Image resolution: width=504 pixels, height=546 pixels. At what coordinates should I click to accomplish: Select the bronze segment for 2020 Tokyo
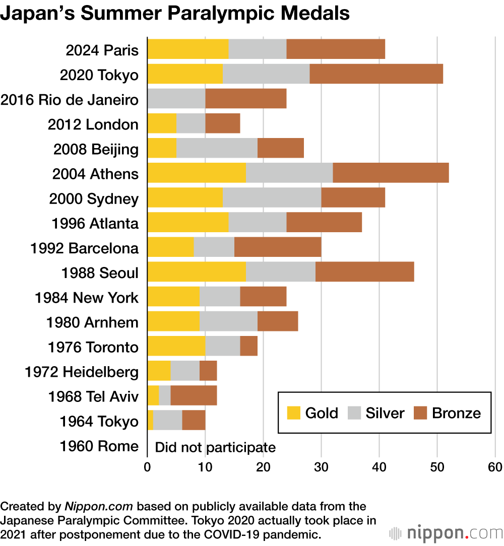click(376, 74)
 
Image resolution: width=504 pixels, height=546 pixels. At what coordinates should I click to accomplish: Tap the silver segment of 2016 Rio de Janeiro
click(176, 99)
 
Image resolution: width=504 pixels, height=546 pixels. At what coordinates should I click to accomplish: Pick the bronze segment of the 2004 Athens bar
click(391, 173)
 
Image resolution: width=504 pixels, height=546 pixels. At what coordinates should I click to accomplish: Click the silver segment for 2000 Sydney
click(272, 197)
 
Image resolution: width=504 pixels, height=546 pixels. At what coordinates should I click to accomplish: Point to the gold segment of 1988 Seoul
click(196, 272)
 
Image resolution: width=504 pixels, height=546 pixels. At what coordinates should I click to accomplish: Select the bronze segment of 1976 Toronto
click(248, 347)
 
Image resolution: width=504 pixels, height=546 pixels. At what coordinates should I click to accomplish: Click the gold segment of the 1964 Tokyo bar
click(150, 421)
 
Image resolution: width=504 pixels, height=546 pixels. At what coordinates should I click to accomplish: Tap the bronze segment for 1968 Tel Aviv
click(194, 396)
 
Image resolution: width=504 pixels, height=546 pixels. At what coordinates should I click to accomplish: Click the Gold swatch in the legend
click(294, 413)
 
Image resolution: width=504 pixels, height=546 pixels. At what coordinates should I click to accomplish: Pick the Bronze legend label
click(456, 414)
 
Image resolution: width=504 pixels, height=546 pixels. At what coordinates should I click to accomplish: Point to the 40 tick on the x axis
click(379, 467)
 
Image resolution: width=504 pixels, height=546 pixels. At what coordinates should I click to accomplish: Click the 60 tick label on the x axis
click(495, 467)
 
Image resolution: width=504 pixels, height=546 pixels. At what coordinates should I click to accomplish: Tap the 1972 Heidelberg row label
click(81, 372)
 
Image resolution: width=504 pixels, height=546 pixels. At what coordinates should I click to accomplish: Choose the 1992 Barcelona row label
click(84, 248)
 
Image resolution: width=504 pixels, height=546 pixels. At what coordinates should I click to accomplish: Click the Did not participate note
click(215, 447)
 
